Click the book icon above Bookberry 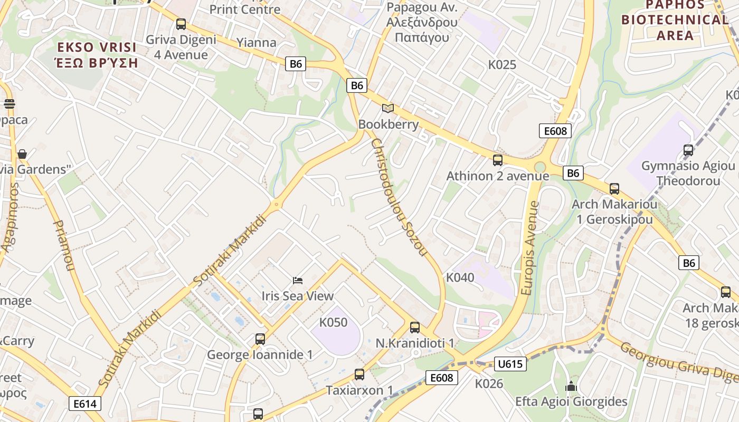(388, 108)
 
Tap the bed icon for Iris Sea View (298, 280)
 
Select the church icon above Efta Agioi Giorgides (571, 387)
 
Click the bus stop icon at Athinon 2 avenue (497, 160)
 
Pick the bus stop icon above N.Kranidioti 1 (415, 327)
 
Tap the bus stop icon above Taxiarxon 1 (359, 374)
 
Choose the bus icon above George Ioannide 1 (260, 339)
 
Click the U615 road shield (510, 363)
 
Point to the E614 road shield (85, 404)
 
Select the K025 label (502, 65)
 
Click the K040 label (460, 277)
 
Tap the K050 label (334, 322)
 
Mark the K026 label (489, 383)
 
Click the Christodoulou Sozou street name (399, 197)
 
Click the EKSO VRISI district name (97, 47)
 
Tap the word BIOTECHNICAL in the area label (675, 20)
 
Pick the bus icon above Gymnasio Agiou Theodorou (688, 150)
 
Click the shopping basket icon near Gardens (22, 154)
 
